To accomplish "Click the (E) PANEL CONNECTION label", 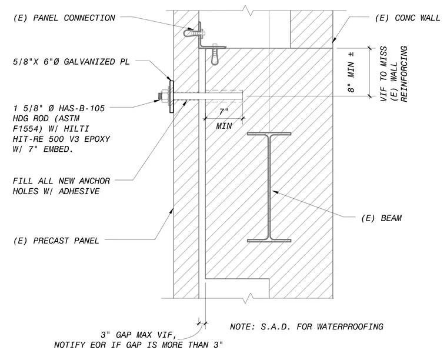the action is [64, 18].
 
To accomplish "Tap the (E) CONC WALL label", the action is [408, 18].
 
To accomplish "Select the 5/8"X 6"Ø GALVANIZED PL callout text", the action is [71, 62].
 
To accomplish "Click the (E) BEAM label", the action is [382, 218].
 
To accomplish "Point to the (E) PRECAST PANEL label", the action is [56, 241].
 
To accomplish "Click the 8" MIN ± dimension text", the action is [351, 72].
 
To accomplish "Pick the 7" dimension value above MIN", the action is [223, 111].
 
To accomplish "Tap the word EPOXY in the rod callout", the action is [97, 139].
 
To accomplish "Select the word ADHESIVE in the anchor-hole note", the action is [79, 191].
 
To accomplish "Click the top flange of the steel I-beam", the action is [269, 134].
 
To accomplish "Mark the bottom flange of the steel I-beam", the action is [269, 241].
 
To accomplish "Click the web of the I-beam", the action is [269, 187].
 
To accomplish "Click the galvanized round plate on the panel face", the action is [171, 96].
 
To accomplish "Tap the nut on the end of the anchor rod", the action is [164, 96].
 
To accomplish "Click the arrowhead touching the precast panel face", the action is [172, 211].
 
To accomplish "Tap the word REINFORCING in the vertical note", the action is [404, 74].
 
